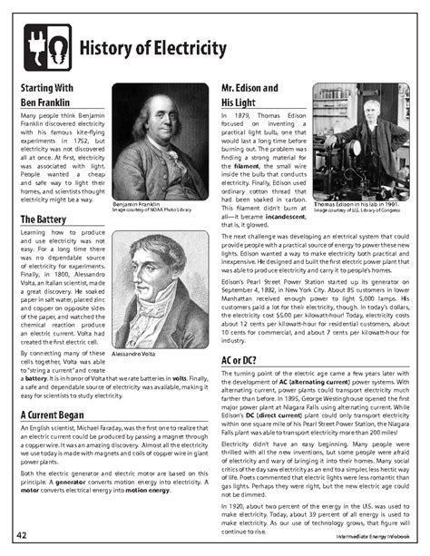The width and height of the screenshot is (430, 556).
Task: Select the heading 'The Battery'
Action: (x=44, y=219)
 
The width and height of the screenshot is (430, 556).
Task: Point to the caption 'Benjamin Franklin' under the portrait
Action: (x=139, y=205)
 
